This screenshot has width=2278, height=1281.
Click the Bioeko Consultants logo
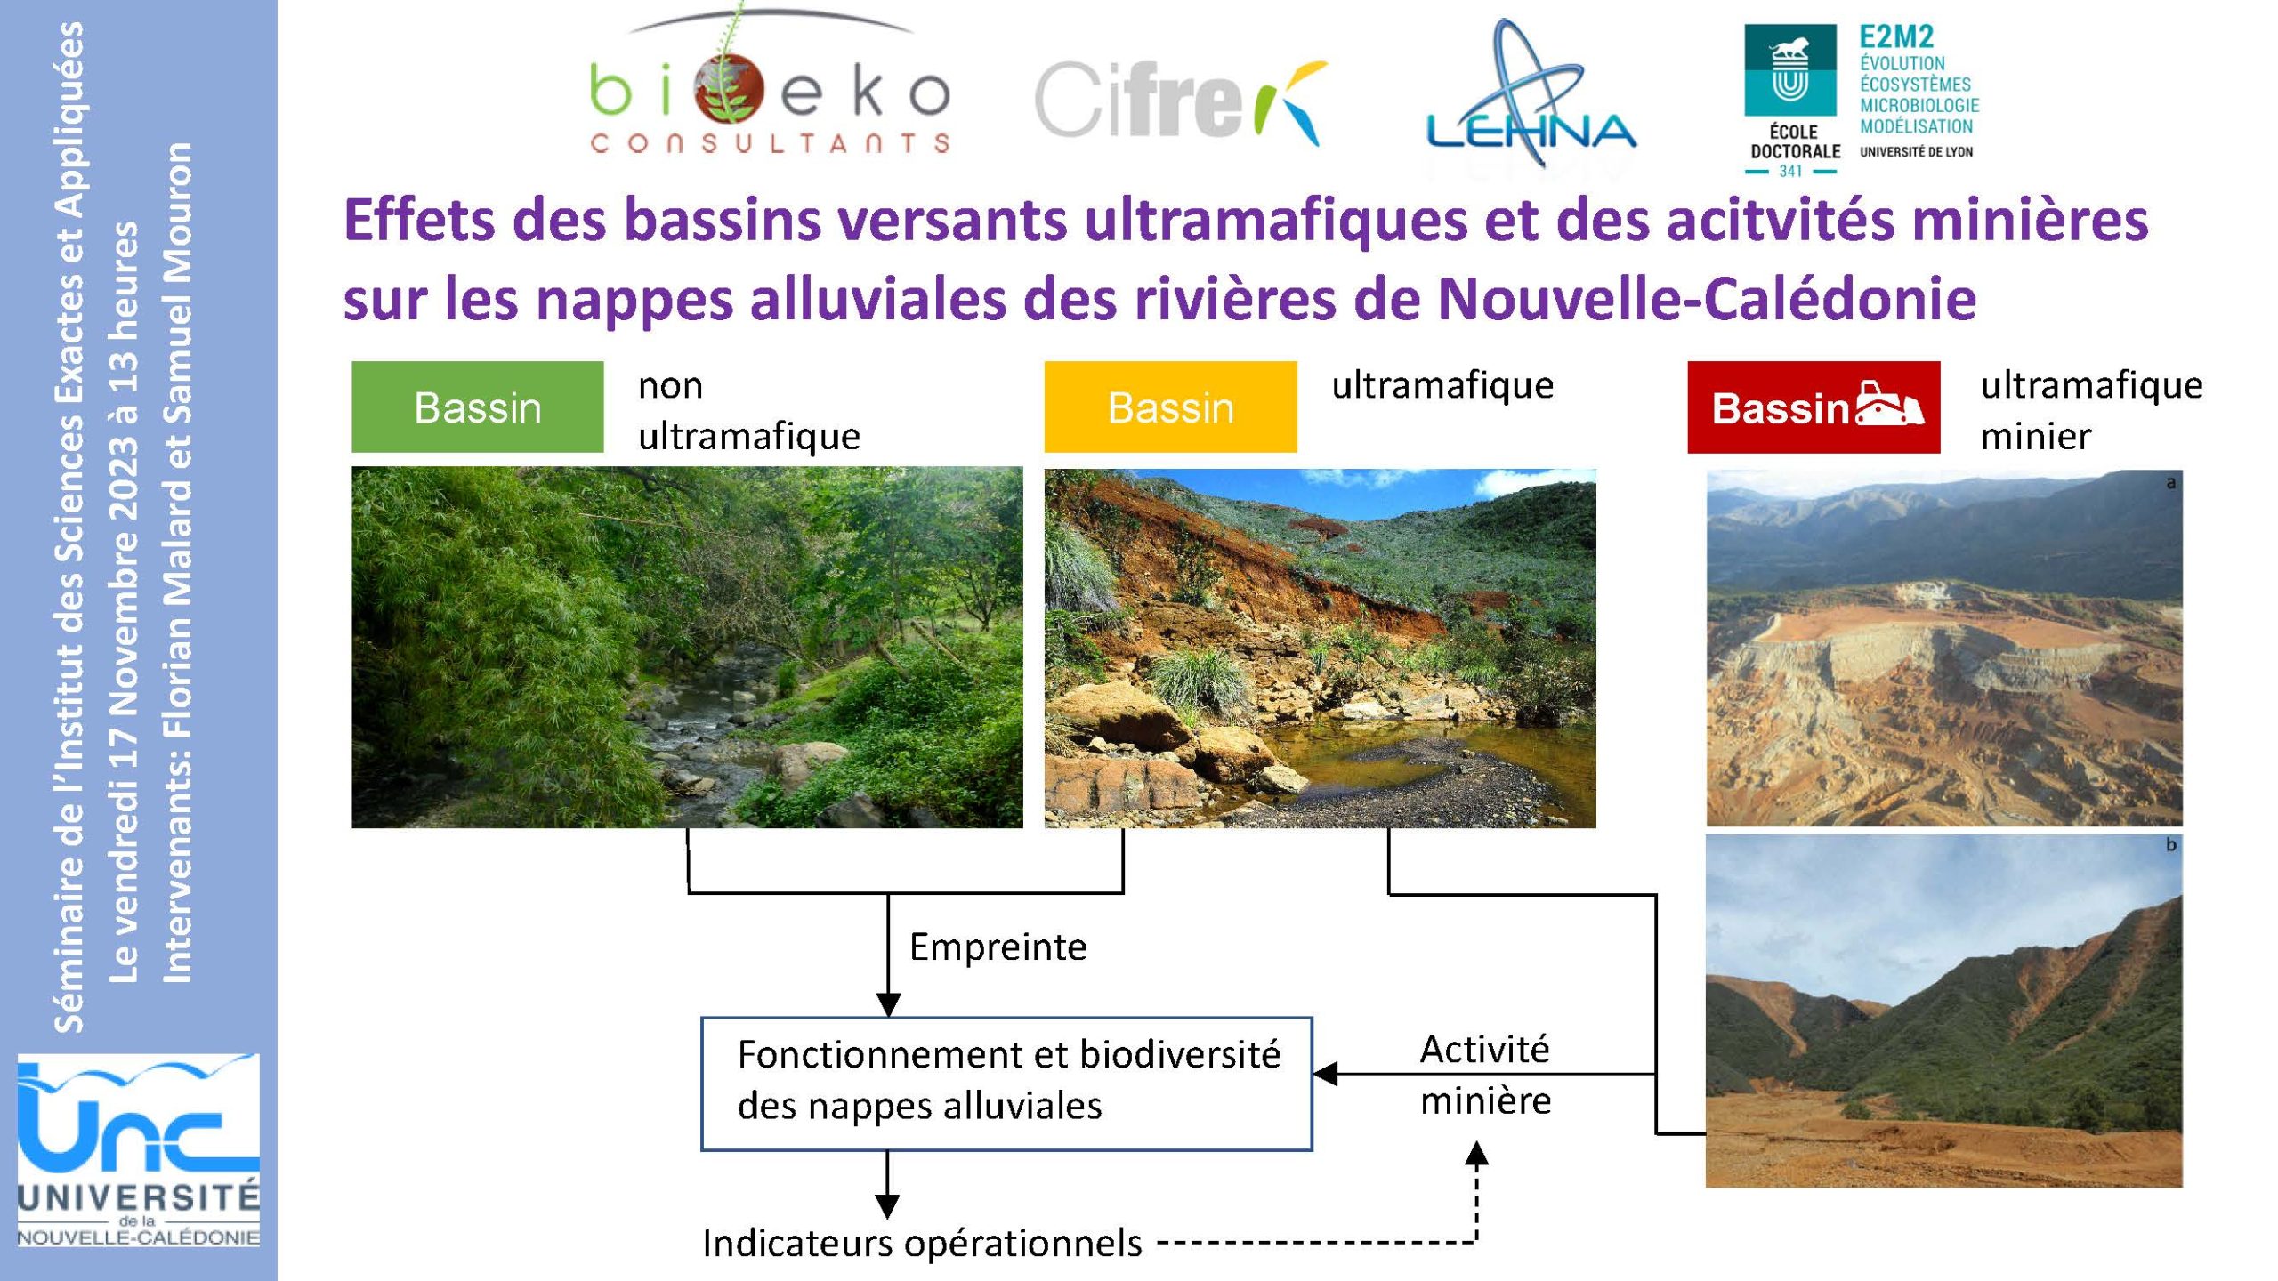point(770,85)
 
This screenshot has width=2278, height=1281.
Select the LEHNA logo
point(1531,98)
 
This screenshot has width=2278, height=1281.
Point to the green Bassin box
point(477,407)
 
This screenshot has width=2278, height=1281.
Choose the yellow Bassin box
point(1170,407)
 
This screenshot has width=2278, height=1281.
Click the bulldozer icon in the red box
point(1889,407)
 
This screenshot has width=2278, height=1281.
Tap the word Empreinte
point(998,947)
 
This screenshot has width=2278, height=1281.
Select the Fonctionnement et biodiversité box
point(1006,1084)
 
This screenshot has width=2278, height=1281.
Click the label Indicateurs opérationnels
point(922,1244)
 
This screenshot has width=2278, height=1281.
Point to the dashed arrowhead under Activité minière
point(1476,1155)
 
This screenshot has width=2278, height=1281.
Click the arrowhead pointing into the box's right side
point(1326,1075)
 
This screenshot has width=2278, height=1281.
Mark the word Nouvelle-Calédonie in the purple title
point(1707,299)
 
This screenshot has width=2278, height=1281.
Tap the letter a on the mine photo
point(2170,483)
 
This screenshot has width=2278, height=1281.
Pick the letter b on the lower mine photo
point(2170,845)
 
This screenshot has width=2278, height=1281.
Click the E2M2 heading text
point(1896,36)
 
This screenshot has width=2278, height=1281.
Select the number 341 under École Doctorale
point(1790,171)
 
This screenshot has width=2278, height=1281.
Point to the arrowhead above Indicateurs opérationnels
point(887,1207)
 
